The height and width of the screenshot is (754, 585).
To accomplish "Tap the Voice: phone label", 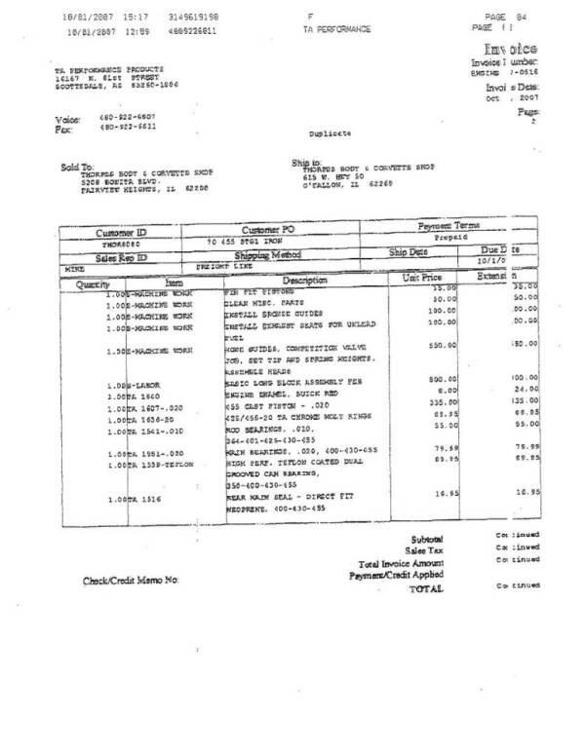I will click(x=67, y=118).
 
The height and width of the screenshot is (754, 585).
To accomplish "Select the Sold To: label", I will click(x=77, y=167).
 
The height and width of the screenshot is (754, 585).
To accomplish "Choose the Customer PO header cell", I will click(x=266, y=229).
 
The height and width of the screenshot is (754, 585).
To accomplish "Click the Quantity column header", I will click(x=95, y=283).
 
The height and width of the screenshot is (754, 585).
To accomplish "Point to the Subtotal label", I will click(x=427, y=539).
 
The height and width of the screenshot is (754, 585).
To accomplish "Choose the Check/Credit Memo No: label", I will click(x=131, y=581).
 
